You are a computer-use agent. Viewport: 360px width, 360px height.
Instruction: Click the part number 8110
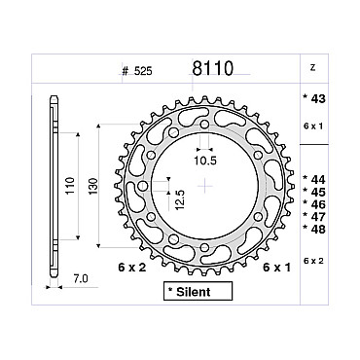(213, 68)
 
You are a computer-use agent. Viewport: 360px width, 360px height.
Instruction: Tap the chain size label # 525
(137, 71)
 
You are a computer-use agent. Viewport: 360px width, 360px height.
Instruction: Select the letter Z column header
(312, 68)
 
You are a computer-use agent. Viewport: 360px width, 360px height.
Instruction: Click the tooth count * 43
(313, 98)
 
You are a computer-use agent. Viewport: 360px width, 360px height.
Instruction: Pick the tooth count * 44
(313, 179)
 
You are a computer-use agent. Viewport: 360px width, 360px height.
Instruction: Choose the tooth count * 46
(313, 204)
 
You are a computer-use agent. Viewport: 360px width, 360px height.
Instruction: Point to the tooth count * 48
(313, 229)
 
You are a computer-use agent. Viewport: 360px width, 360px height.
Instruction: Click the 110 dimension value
(70, 186)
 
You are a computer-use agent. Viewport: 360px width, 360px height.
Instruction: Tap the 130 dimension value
(92, 186)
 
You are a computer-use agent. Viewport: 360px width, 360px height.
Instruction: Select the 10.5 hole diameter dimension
(205, 161)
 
